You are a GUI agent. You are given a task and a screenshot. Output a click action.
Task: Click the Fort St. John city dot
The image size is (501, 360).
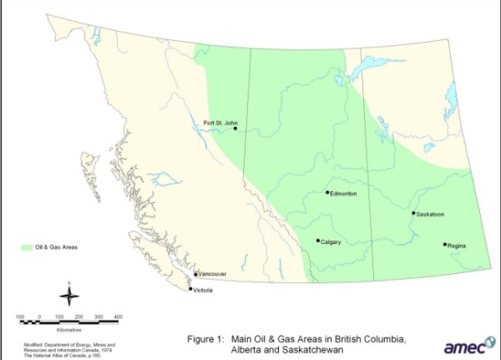235,129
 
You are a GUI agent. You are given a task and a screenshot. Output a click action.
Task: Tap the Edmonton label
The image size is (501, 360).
344,194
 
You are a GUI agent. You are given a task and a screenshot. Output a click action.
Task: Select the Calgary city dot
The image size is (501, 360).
318,241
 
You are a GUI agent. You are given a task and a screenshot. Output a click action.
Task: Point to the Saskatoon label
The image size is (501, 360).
431,215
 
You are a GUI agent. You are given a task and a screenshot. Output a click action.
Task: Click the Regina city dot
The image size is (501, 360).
444,245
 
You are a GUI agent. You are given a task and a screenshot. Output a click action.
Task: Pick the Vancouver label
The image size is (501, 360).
213,274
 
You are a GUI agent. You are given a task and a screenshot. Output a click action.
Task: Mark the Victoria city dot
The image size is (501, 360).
190,289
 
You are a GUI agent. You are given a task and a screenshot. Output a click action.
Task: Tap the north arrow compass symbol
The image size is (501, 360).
70,294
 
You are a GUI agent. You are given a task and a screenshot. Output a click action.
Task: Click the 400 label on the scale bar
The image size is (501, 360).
118,317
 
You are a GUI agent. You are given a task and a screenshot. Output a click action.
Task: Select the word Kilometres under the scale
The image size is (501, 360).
69,329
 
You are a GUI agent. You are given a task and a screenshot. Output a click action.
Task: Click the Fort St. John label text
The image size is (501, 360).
221,123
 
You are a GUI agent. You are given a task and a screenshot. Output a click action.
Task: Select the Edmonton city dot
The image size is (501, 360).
327,192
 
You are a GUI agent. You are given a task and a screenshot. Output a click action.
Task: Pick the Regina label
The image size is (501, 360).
457,246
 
